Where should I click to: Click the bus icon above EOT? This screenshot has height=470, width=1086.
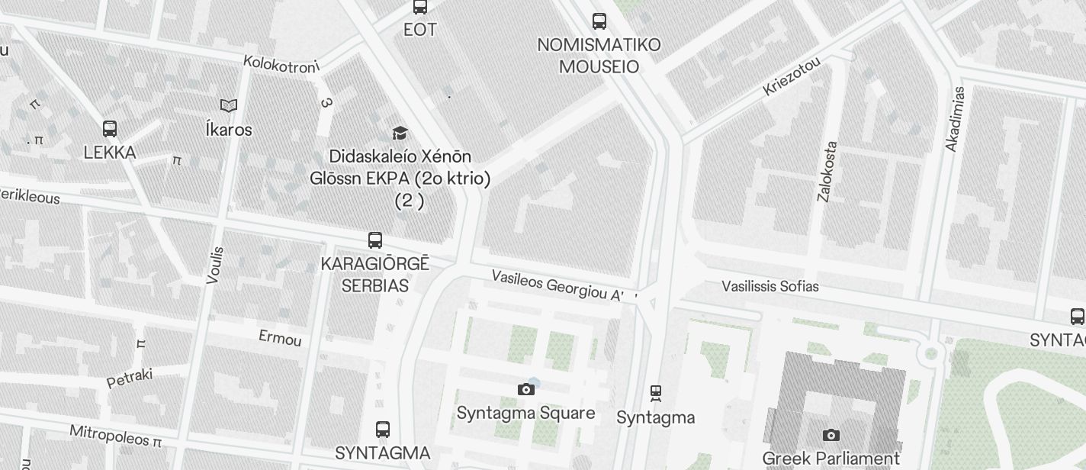419,7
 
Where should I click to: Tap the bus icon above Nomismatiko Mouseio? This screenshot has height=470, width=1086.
599,21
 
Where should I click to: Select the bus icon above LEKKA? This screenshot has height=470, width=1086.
110,128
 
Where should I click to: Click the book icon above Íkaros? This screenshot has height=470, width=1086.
229,105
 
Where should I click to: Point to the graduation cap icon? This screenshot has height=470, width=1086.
400,134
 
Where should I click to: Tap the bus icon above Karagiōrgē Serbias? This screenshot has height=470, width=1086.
375,240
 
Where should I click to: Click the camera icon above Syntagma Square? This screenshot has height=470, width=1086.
526,390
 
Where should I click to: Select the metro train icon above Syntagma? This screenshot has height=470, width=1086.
656,394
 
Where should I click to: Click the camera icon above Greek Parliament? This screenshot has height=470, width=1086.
831,436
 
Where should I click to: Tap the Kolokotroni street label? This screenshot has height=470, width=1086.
281,66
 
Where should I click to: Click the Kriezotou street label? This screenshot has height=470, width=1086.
792,77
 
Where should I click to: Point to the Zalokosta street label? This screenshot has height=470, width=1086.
827,171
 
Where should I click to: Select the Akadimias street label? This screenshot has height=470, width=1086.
955,119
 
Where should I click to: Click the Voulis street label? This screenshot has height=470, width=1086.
215,265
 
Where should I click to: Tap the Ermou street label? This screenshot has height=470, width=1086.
280,338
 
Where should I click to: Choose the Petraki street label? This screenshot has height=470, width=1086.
130,378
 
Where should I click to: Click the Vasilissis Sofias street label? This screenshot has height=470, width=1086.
770,286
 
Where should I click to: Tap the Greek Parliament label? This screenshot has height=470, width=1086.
831,459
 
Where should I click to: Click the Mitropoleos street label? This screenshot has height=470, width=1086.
115,436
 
